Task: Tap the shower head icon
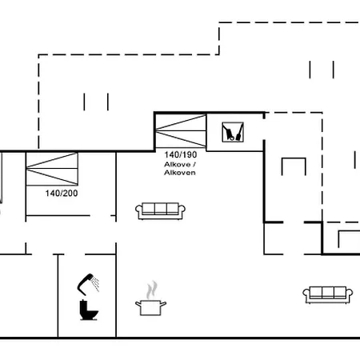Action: click(x=84, y=281)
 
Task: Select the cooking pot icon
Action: click(x=150, y=306)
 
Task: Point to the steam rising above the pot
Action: click(x=150, y=289)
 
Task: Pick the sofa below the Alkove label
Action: click(x=160, y=210)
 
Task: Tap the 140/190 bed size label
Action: click(x=180, y=154)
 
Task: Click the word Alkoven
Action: click(x=179, y=172)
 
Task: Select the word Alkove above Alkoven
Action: click(x=177, y=163)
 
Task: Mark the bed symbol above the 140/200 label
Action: click(x=53, y=168)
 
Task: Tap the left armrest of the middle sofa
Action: click(x=138, y=210)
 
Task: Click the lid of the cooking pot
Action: click(x=150, y=300)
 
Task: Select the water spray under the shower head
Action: click(x=95, y=283)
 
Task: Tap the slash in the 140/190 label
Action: click(x=180, y=154)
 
